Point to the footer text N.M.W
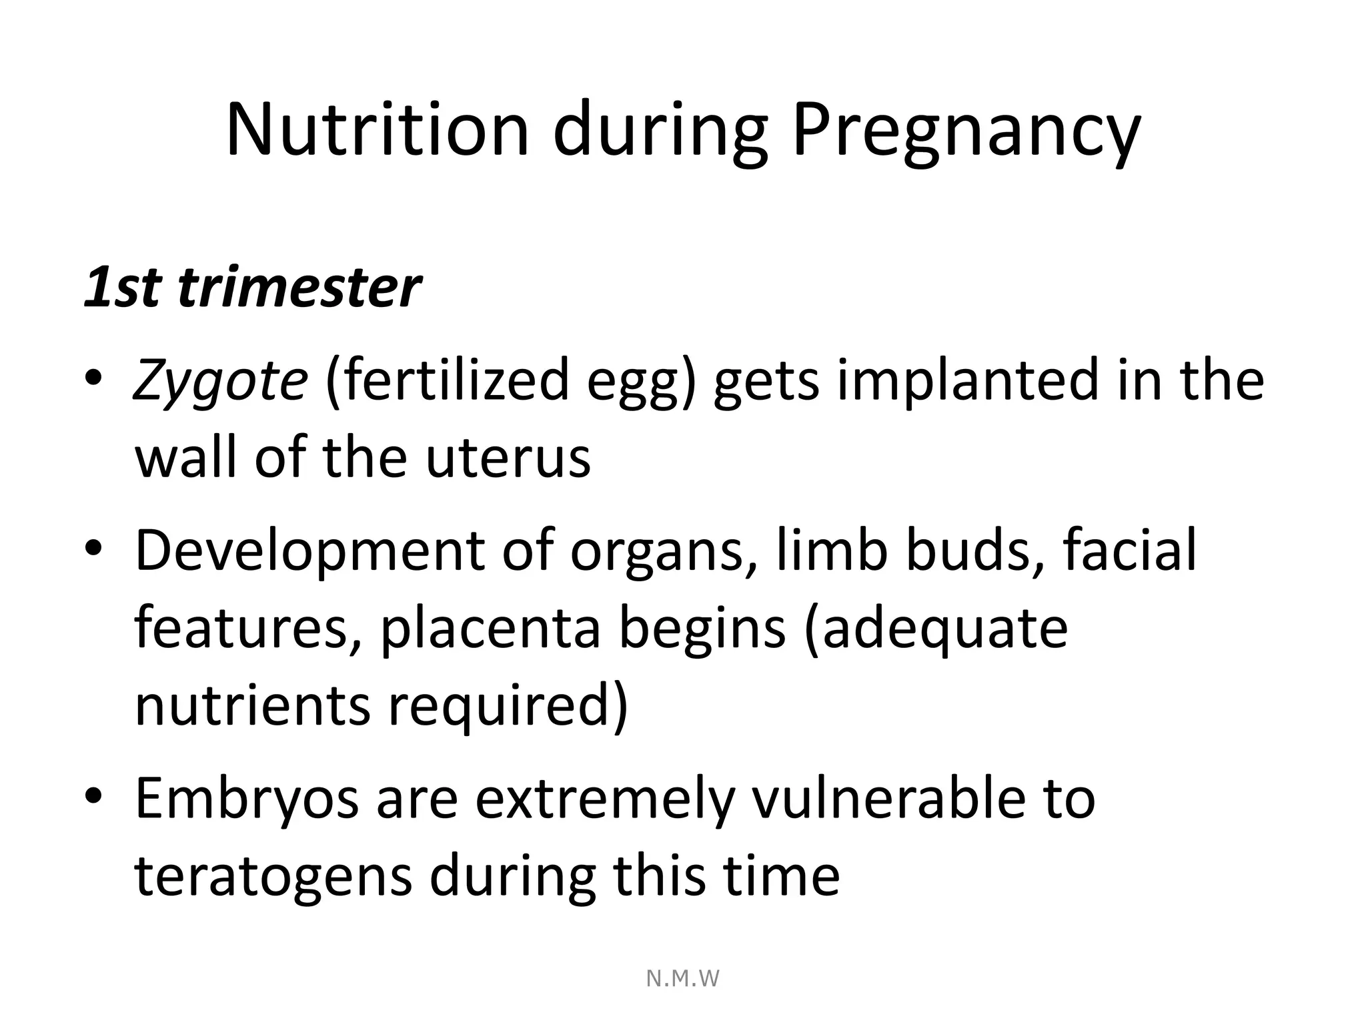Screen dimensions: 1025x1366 coord(683,978)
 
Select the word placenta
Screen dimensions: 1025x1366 coord(490,629)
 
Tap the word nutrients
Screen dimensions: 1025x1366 coord(252,705)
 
